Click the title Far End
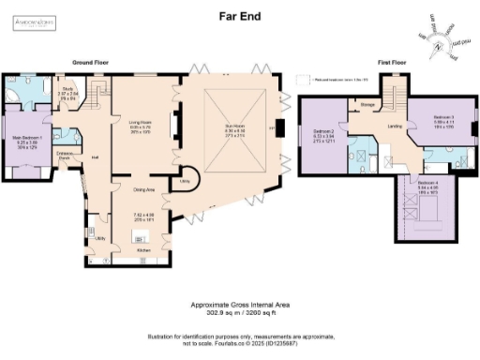tap(240, 15)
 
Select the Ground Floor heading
tap(91, 62)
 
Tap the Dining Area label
tap(142, 190)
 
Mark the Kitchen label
tap(143, 251)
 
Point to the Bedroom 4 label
tap(427, 183)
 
